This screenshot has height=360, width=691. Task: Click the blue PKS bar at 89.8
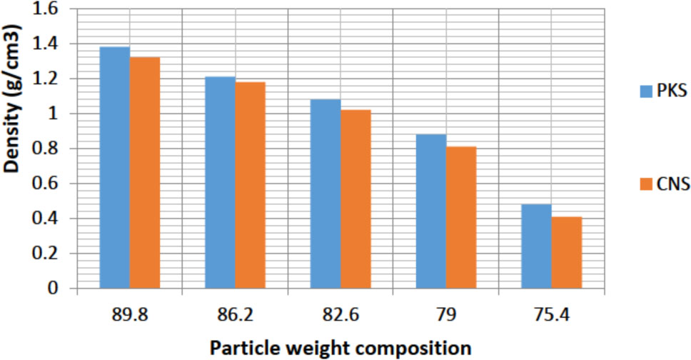pyautogui.click(x=114, y=168)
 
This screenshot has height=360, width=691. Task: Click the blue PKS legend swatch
pyautogui.click(x=645, y=91)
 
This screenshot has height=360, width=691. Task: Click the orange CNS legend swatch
pyautogui.click(x=645, y=185)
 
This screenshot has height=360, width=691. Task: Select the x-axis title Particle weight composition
pyautogui.click(x=340, y=348)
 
